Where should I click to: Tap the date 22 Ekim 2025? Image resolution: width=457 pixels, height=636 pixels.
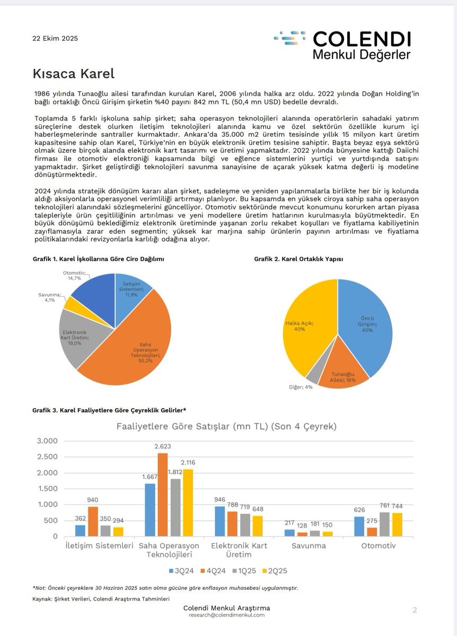[x=56, y=38]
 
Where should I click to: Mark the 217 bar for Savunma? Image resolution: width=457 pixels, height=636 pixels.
[x=289, y=533]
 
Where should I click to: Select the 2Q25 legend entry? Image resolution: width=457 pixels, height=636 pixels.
[x=276, y=570]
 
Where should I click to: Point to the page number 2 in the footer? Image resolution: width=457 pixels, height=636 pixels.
[x=415, y=609]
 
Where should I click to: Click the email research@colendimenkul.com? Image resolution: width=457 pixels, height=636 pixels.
[x=227, y=615]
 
